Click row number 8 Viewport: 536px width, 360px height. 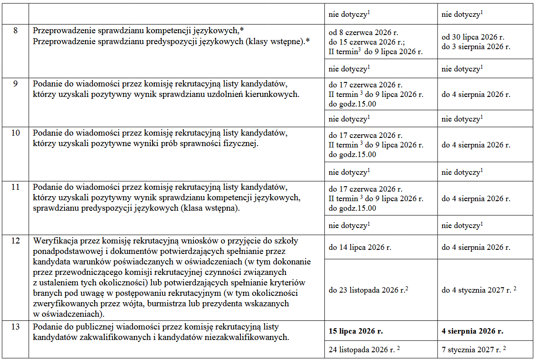[15, 31]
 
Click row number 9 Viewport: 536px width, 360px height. [15, 84]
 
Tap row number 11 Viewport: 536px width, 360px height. [15, 188]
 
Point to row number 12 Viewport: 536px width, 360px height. [15, 241]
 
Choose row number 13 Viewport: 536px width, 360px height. [15, 327]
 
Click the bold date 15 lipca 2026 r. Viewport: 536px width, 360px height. [356, 331]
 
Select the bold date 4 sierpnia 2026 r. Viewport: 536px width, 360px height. [472, 331]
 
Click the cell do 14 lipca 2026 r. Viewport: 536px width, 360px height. [360, 248]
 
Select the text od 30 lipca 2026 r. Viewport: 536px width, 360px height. [473, 37]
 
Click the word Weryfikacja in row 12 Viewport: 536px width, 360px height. [54, 241]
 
